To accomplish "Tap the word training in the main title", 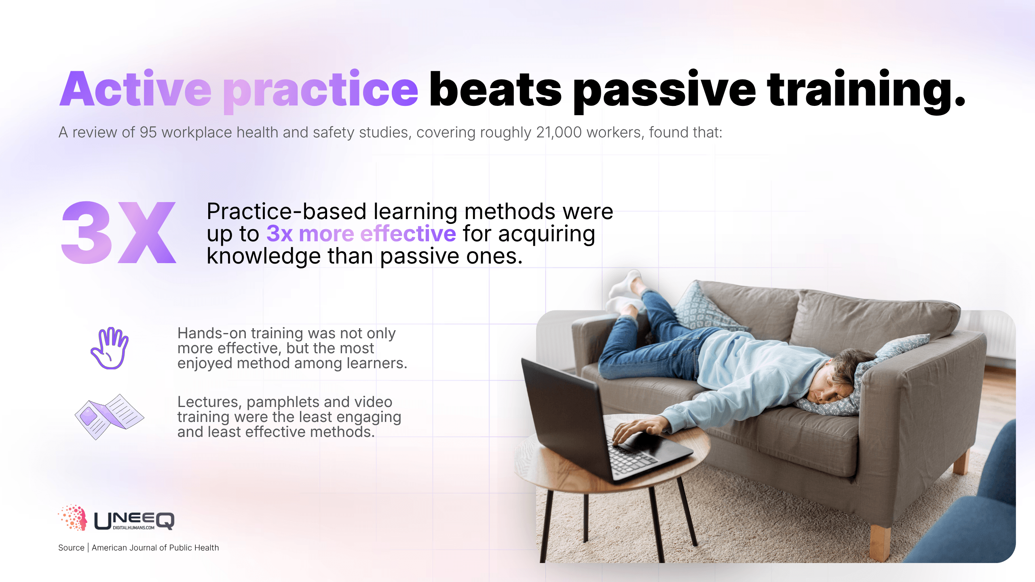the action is pyautogui.click(x=866, y=91).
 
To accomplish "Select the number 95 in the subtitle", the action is pyautogui.click(x=148, y=132).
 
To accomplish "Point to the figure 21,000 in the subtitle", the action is pyautogui.click(x=559, y=133).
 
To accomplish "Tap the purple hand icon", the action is pyautogui.click(x=110, y=348).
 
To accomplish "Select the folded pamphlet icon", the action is pyautogui.click(x=109, y=417).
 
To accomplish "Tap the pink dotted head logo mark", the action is pyautogui.click(x=73, y=517).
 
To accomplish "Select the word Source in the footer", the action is pyautogui.click(x=71, y=548).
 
